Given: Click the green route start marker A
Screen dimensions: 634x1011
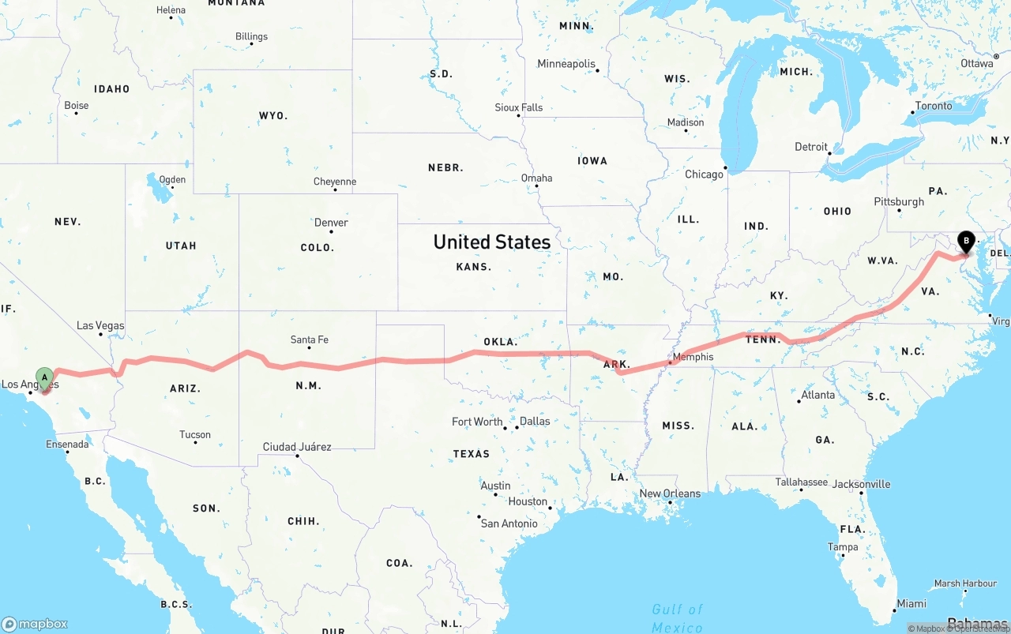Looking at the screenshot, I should click(45, 377).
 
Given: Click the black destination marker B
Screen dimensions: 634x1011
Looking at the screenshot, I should click(965, 241).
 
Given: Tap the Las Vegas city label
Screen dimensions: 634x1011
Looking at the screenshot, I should click(100, 325).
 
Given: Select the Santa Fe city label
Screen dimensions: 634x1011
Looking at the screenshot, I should click(309, 340).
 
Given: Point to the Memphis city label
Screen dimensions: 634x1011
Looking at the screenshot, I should click(693, 357).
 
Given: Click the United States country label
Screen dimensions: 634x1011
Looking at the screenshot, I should click(491, 242).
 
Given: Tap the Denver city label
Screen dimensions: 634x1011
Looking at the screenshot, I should click(331, 223).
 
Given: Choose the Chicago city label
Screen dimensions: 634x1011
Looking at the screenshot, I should click(704, 174).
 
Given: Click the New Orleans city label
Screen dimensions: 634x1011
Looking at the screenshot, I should click(670, 493).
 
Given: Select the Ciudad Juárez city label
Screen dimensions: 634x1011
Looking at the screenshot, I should click(297, 447).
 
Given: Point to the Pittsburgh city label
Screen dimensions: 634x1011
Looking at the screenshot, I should click(899, 201).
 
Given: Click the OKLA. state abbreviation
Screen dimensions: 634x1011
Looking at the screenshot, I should click(500, 342).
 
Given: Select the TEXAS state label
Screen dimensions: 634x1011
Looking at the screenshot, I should click(472, 454).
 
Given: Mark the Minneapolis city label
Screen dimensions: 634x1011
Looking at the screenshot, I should click(566, 63).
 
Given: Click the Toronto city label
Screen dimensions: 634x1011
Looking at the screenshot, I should click(934, 106).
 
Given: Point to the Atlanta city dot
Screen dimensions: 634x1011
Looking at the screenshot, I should click(799, 401).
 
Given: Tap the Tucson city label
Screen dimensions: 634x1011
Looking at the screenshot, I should click(194, 434).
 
